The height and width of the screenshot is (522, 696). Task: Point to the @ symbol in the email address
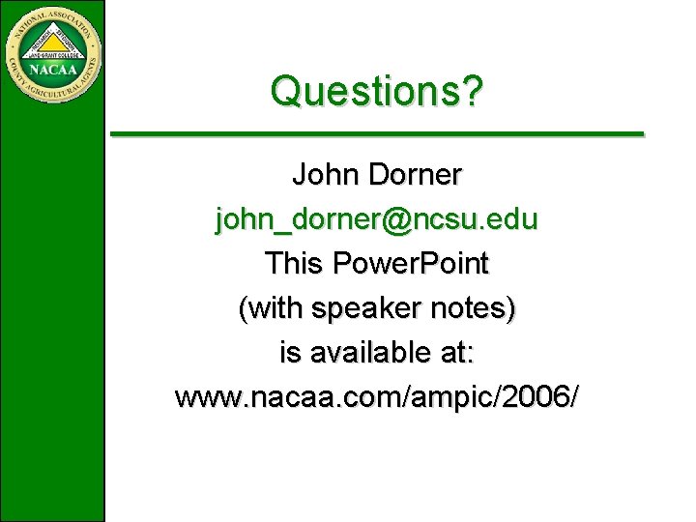click(396, 220)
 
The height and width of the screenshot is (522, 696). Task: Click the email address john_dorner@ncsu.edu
click(377, 220)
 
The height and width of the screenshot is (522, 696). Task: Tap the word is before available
click(289, 353)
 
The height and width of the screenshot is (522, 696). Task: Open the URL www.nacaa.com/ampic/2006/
click(377, 397)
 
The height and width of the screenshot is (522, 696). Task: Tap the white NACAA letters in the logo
click(53, 69)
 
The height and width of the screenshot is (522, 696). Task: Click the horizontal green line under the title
click(377, 132)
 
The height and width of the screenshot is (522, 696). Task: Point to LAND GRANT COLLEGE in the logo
click(53, 54)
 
